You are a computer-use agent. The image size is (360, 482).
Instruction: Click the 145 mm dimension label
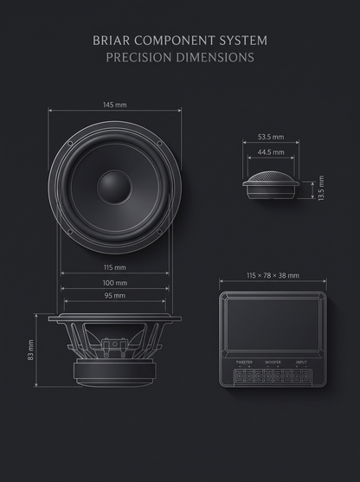coord(115,105)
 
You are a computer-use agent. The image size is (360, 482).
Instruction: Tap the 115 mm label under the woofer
coord(115,267)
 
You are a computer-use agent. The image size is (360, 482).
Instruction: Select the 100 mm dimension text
coord(115,283)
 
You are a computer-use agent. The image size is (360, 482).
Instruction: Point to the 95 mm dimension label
coord(115,295)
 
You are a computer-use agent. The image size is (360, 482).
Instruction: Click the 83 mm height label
coord(30,350)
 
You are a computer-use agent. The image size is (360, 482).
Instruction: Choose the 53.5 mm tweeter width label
coord(271,137)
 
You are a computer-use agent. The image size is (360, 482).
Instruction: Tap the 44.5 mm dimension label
coord(271,152)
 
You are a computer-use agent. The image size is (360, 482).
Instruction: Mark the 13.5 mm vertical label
coord(321,188)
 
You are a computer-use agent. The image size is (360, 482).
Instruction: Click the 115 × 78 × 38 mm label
coord(273,275)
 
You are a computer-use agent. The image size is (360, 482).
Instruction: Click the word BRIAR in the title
coord(112,41)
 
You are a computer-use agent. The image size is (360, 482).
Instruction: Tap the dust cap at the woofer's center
coord(115,187)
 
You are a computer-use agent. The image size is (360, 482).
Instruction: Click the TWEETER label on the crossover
coord(244,362)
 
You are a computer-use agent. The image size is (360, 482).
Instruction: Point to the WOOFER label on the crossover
coord(273,362)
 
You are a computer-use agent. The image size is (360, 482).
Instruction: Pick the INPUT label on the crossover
coord(301,362)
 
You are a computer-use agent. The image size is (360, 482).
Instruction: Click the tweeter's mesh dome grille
coord(271,177)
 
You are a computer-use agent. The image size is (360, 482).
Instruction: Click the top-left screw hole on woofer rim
coord(70,144)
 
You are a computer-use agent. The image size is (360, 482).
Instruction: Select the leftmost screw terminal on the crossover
coord(240,376)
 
